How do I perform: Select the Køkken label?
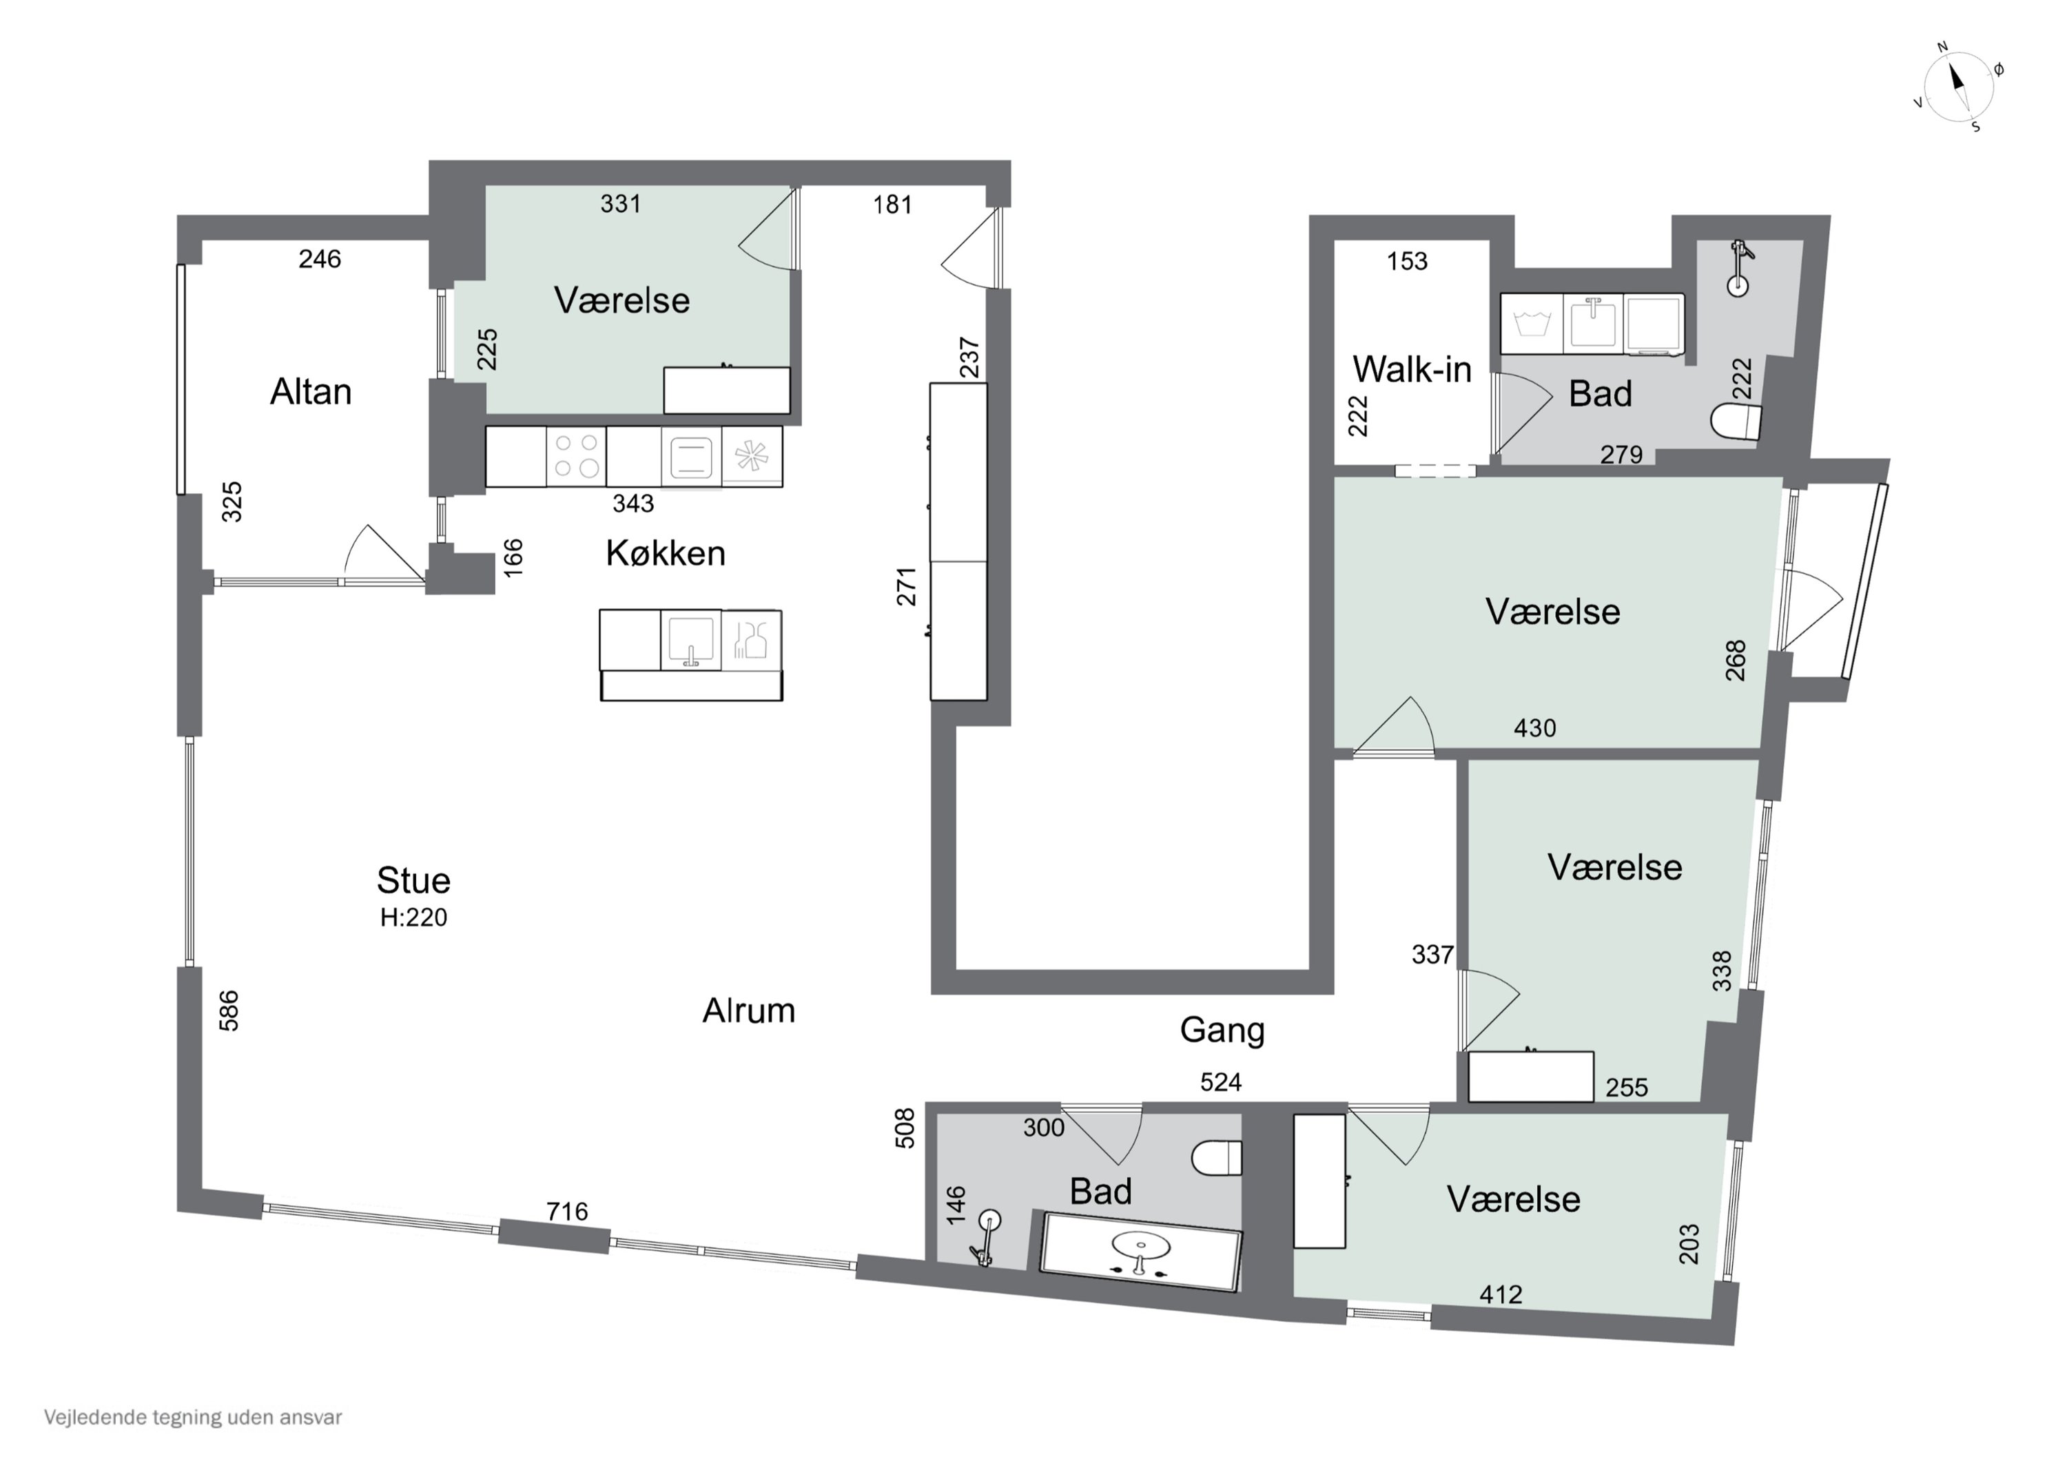(x=666, y=552)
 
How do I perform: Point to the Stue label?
(x=413, y=880)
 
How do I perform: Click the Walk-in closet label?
(x=1412, y=369)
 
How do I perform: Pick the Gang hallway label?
(x=1222, y=1030)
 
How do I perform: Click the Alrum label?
(x=748, y=1011)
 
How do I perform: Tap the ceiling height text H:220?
(x=413, y=918)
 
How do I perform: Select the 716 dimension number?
(x=567, y=1212)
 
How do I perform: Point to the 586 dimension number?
(x=229, y=1010)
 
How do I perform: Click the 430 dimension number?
(x=1534, y=727)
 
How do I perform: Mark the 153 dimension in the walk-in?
(x=1407, y=261)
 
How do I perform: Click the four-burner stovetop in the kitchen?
(x=576, y=457)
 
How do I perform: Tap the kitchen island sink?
(x=690, y=640)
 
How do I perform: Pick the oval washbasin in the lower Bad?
(x=1142, y=1247)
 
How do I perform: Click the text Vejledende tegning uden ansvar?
(x=193, y=1417)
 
